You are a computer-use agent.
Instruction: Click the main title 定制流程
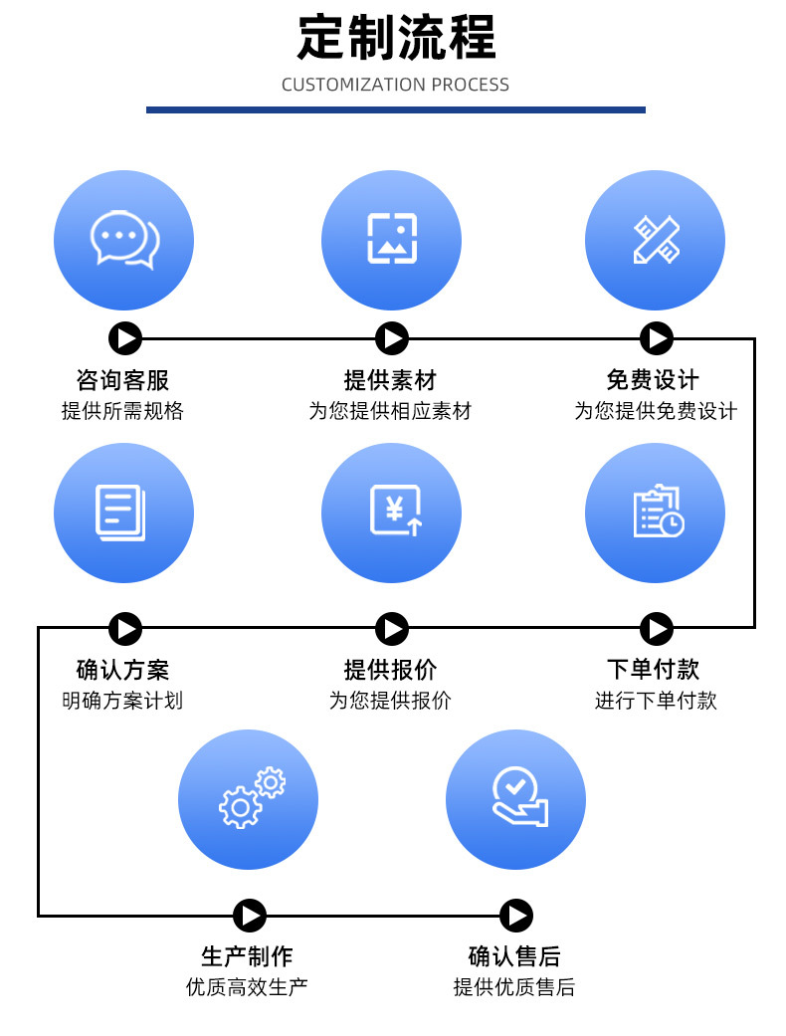click(396, 37)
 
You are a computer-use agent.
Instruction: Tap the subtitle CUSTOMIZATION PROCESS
click(395, 85)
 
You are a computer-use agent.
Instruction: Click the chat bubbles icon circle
click(123, 240)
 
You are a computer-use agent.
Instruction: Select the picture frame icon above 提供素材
click(391, 240)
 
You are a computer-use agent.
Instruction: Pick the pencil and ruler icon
click(655, 240)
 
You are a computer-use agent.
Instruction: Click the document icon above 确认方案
click(123, 513)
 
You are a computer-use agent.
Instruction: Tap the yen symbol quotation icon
click(391, 513)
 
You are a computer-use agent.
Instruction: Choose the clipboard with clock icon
click(655, 513)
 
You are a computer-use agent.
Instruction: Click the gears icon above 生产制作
click(248, 799)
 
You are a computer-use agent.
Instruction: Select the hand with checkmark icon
click(515, 799)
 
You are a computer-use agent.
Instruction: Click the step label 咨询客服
click(123, 380)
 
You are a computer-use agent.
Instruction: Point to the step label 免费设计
click(655, 380)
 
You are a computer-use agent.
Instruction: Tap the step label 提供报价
click(391, 669)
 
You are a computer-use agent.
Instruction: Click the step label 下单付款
click(655, 669)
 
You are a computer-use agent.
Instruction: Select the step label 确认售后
click(514, 956)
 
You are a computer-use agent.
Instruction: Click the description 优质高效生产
click(248, 987)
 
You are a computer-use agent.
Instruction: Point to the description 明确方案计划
click(123, 700)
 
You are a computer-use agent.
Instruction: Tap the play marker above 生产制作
click(250, 916)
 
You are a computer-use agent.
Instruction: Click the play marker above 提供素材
click(392, 339)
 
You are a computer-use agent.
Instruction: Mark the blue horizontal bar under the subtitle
click(395, 109)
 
